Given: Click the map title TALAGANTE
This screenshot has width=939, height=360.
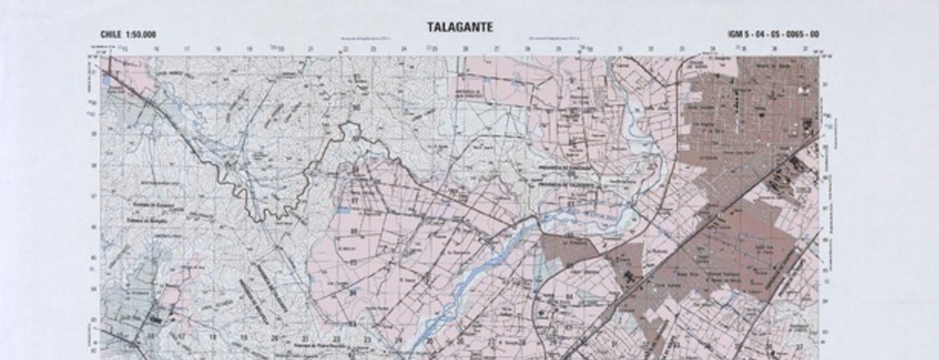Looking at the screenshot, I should tap(460, 27).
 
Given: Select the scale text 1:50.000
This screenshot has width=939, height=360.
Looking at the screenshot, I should tap(142, 34).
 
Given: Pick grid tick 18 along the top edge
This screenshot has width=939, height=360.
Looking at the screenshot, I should tap(218, 50).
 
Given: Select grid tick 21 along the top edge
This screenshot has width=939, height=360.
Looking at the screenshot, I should tap(310, 50).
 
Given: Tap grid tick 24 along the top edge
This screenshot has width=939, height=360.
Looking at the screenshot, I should tap(403, 50).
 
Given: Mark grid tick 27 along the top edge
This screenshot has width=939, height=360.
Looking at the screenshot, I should tap(496, 50).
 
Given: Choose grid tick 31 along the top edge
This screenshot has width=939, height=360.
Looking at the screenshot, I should tap(620, 50).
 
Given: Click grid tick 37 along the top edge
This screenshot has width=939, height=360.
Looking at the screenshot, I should tap(805, 50).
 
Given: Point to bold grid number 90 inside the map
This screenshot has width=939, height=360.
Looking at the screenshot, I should tap(356, 107).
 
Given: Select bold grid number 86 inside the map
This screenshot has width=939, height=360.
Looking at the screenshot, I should tap(353, 232).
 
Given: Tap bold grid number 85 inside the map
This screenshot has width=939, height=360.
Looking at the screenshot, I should tap(353, 262).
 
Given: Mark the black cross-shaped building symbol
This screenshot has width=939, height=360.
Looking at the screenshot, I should tap(627, 277).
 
